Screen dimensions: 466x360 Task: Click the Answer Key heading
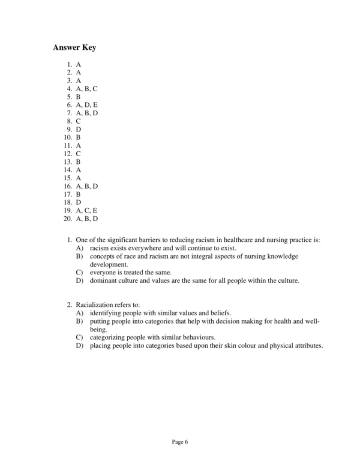point(74,47)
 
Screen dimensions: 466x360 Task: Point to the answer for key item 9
point(79,129)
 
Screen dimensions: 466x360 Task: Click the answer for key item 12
point(79,154)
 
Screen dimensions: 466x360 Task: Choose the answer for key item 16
point(87,186)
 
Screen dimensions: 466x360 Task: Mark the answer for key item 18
point(79,202)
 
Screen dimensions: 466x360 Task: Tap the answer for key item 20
point(87,219)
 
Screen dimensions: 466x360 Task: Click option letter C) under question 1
point(79,272)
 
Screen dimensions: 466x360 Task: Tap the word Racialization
point(97,305)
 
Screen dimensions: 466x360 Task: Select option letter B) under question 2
point(79,321)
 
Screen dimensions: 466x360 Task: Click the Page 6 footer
point(180,443)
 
